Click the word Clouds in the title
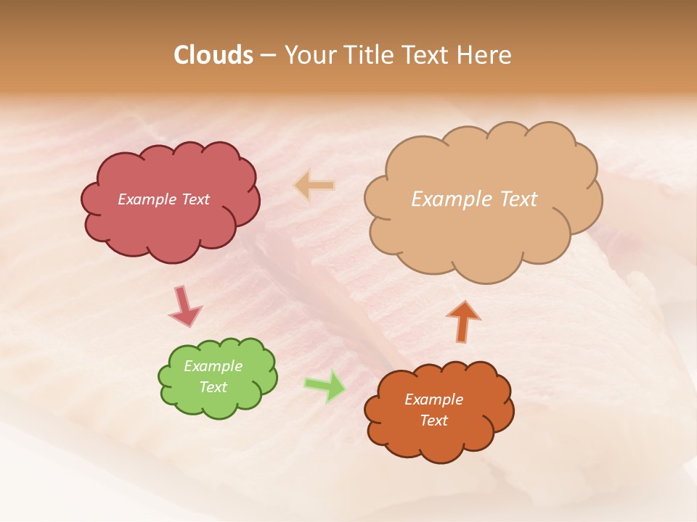coord(213,55)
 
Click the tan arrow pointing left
coord(314,186)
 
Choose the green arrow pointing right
coord(325,386)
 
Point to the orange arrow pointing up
coord(463,320)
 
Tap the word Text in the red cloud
coord(195,199)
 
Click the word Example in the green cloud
coord(213,366)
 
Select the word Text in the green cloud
coord(213,387)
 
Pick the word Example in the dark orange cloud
coord(433,399)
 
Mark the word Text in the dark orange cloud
coord(433,420)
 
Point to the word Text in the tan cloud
coord(517,199)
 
